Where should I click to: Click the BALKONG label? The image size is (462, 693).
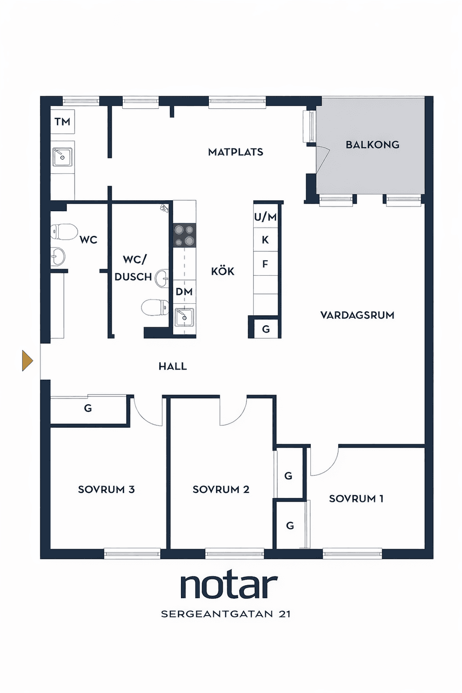(372, 144)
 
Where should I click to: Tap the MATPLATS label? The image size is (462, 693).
(236, 152)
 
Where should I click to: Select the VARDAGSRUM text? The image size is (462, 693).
(357, 315)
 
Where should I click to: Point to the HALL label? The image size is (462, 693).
(173, 366)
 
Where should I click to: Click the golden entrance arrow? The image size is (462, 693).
(27, 360)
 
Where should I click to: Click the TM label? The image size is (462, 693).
(63, 122)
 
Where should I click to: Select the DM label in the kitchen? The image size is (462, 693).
(184, 292)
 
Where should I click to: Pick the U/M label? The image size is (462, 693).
(265, 217)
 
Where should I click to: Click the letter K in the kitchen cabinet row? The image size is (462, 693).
(265, 240)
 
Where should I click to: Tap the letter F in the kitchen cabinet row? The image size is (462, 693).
(265, 264)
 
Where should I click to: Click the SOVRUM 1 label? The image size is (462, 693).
(357, 499)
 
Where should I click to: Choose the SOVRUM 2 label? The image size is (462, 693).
(221, 489)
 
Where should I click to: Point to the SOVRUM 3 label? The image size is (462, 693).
(106, 489)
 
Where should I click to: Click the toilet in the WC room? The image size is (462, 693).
(64, 231)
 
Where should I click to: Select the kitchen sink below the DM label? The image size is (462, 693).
(184, 317)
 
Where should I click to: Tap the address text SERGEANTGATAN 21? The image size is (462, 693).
(226, 614)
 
